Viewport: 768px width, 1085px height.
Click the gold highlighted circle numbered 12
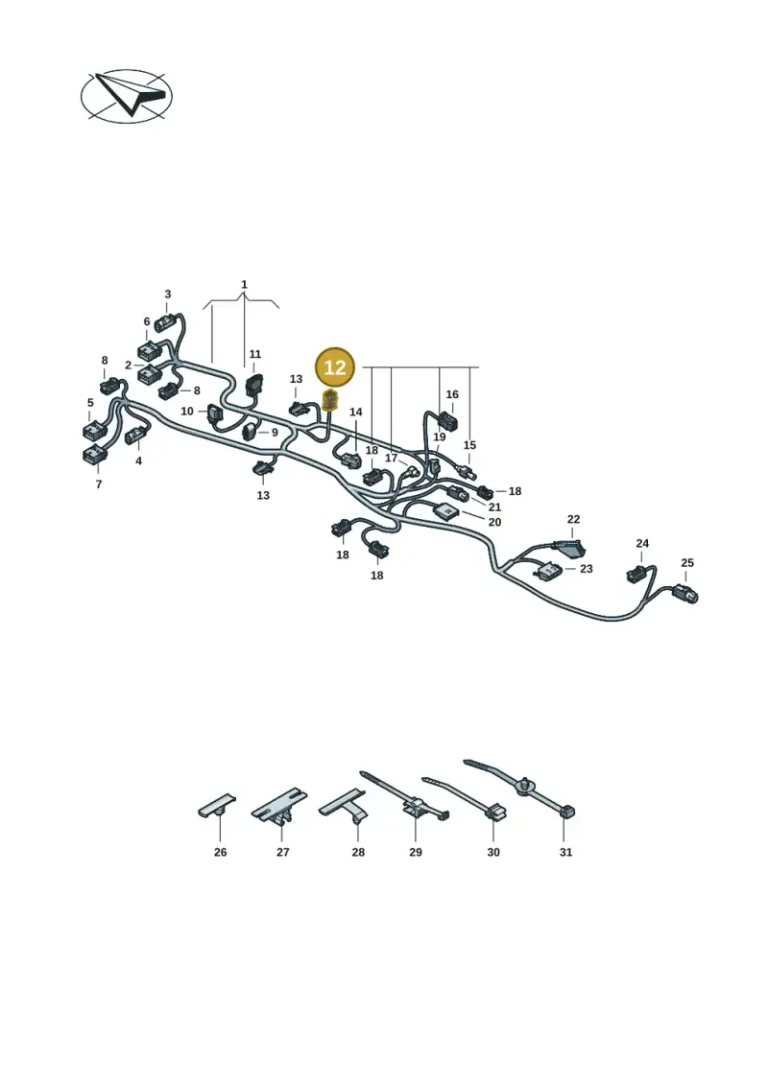[334, 366]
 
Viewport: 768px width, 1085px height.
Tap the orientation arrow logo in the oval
[127, 96]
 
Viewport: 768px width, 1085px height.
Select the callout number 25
[687, 563]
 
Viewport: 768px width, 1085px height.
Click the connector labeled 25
[684, 593]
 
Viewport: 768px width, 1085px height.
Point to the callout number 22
[573, 519]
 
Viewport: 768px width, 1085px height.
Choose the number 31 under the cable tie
[565, 853]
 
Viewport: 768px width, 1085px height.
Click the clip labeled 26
[217, 807]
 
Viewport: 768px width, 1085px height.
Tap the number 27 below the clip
[282, 853]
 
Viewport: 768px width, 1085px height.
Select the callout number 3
[168, 295]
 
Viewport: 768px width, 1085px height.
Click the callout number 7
[98, 484]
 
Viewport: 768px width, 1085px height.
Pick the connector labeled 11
[254, 383]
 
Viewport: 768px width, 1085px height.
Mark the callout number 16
[452, 394]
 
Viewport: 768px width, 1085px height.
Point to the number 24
[642, 544]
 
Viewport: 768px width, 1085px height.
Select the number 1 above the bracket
[244, 284]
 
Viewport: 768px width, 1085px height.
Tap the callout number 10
[187, 411]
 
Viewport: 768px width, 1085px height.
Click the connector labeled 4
[135, 436]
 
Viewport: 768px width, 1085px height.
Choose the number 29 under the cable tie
[416, 853]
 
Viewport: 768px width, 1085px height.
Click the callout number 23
[586, 569]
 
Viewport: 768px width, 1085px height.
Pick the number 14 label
[356, 413]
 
